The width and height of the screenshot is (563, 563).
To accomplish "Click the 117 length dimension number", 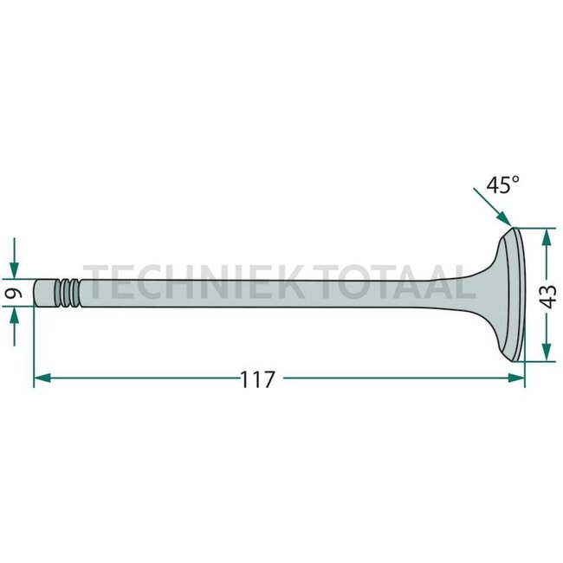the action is pos(257,379).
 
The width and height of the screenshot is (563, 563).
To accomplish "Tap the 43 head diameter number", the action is pos(548,296).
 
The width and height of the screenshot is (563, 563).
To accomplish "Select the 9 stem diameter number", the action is pos(14,293).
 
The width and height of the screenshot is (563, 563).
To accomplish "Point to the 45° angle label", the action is pos(502,184).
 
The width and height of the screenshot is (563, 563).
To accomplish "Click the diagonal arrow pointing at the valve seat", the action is pos(492,207).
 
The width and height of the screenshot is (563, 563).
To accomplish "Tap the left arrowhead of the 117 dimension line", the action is pos(42,378).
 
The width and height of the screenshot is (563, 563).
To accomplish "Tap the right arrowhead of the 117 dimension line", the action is pos(516,378).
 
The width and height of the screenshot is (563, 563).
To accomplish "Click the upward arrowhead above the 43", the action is pos(547,237).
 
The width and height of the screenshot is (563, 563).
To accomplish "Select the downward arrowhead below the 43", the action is pos(547,352).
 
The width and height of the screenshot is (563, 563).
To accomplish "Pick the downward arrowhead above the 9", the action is pos(14,270).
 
